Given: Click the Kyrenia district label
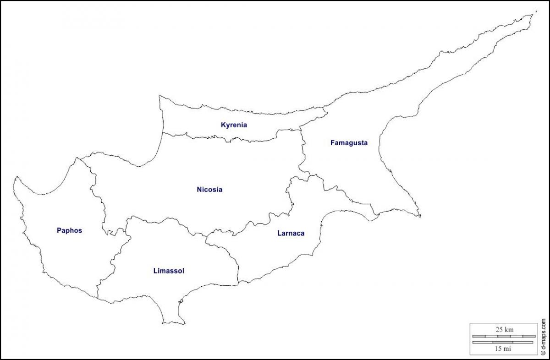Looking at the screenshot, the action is (x=234, y=125).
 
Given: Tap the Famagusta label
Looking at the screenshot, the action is (x=349, y=143).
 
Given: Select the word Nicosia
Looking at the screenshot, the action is (x=209, y=190).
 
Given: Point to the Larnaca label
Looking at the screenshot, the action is (x=291, y=233).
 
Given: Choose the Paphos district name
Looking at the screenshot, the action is (x=69, y=230).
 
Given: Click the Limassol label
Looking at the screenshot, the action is (x=169, y=271).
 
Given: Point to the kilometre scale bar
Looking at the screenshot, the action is (x=504, y=336).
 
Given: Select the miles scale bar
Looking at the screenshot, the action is (x=504, y=342).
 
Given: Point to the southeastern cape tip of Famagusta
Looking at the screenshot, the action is (x=419, y=215).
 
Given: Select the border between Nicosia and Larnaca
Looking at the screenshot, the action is (x=257, y=223).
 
